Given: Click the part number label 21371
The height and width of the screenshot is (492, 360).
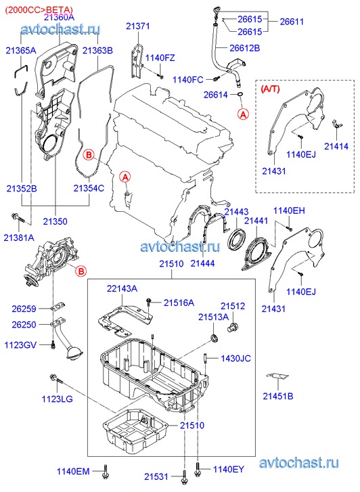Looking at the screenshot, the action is point(138,26).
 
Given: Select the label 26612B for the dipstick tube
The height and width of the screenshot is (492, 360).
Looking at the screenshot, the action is point(244,48).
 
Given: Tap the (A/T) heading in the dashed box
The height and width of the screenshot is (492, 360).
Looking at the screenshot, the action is point(270,89).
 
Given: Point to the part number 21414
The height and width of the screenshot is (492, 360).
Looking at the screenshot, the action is point(336,146).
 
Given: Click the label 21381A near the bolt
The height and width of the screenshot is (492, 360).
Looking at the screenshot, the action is point(19,238).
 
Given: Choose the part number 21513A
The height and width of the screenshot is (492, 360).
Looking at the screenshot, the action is point(213,317).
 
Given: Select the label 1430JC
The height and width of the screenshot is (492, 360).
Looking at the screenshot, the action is point(235,358).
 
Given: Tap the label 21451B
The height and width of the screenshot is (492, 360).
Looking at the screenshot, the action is point(278,396).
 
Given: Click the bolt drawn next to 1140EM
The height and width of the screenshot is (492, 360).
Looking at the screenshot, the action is point(105,472).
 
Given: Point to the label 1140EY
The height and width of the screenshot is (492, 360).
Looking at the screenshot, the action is point(229,469).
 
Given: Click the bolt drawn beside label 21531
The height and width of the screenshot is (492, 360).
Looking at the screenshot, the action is point(184,477).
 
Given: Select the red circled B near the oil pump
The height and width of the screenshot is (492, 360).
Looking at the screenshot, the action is point(81,271).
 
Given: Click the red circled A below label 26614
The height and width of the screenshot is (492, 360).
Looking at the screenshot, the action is point(243,114).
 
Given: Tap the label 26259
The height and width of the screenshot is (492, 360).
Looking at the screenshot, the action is point(24,309).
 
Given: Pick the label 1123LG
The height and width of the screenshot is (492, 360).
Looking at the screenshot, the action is point(57,399).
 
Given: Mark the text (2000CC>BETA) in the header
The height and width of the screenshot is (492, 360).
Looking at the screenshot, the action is point(39,10).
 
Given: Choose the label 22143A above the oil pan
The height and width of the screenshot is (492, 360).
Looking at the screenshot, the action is point(122,288).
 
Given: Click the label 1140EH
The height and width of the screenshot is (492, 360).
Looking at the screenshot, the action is point(289,210).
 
